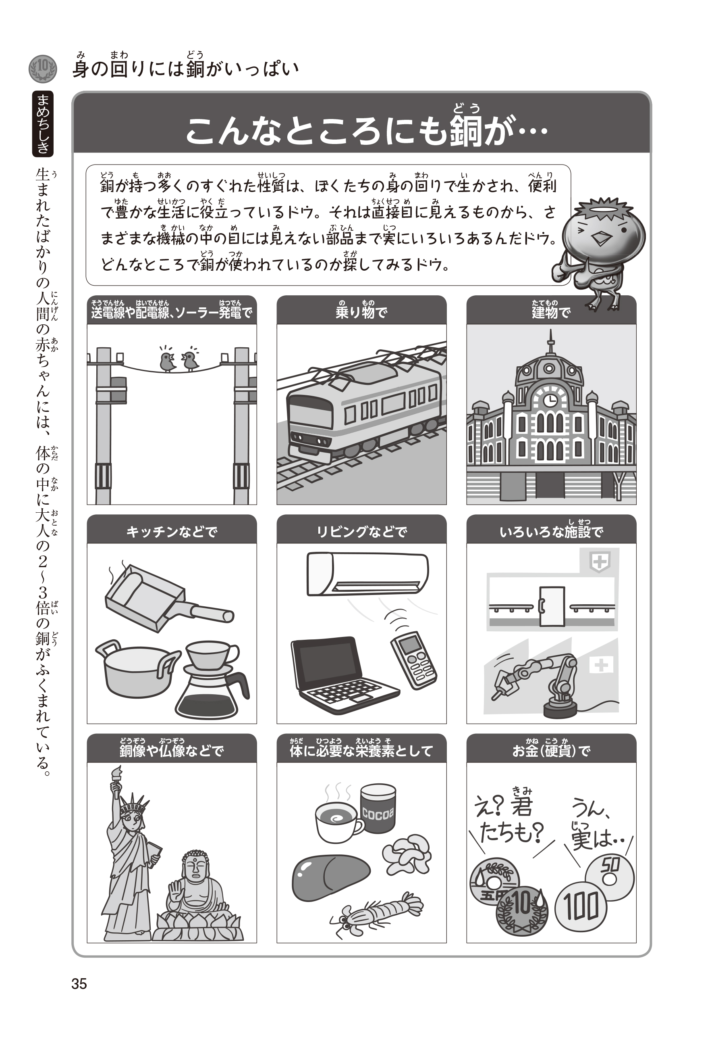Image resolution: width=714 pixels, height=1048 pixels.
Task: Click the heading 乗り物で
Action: click(361, 312)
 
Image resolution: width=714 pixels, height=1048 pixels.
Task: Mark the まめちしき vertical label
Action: click(43, 123)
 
